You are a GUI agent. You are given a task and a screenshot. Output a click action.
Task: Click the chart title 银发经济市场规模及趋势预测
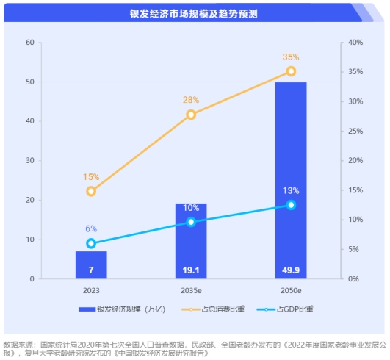[x=194, y=14]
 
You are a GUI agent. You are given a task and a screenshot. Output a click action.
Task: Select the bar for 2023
[x=91, y=265]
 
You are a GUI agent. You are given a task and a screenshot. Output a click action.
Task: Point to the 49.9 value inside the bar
[x=291, y=270]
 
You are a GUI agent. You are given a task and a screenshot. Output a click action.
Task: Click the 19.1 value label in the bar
[x=191, y=270]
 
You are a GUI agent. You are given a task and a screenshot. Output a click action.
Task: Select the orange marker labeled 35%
[x=291, y=71]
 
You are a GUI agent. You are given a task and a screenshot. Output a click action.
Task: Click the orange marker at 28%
[x=191, y=114]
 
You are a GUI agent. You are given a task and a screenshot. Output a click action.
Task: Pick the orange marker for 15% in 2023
[x=91, y=191]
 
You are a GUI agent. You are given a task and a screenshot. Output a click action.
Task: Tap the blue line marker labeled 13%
[x=291, y=205]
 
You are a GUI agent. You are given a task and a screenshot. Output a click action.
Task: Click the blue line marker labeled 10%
[x=191, y=222]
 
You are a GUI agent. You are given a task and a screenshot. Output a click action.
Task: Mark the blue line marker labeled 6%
[x=91, y=243]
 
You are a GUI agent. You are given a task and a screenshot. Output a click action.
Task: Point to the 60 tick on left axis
[x=30, y=43]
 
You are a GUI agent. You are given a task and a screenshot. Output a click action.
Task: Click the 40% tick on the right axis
[x=355, y=43]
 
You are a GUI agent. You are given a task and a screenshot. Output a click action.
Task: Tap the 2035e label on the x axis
[x=191, y=291]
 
